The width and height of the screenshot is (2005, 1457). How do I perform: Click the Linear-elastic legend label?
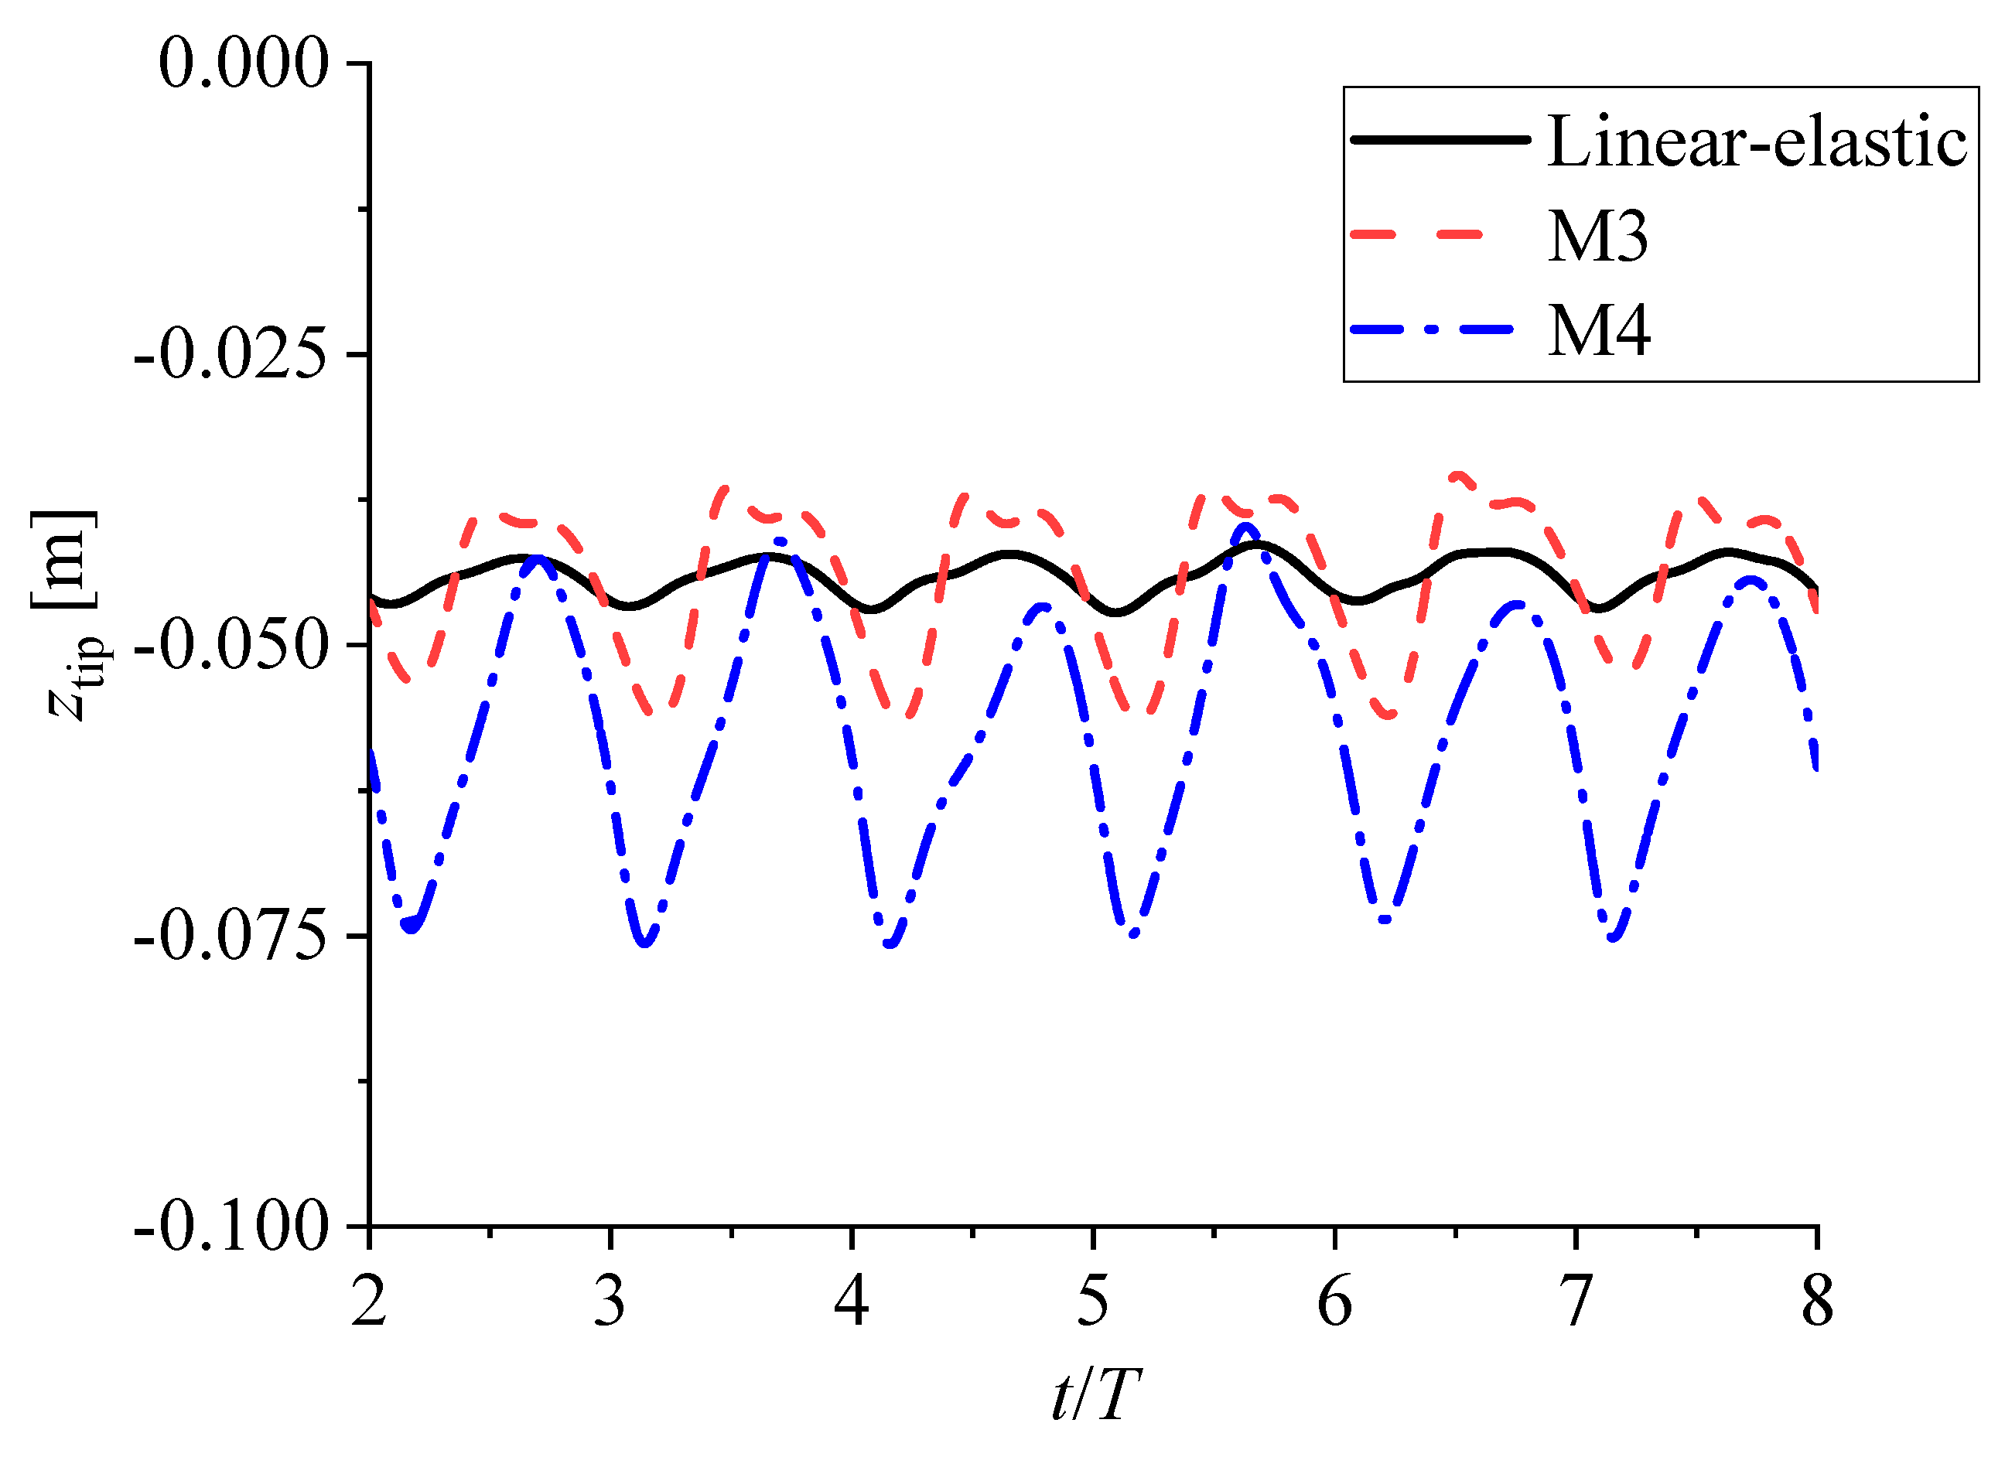pos(1757,142)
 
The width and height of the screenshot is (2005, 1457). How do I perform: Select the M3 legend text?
pos(1597,237)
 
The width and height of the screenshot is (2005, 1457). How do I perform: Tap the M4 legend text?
pos(1598,332)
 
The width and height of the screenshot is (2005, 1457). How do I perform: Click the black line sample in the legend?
pos(1440,140)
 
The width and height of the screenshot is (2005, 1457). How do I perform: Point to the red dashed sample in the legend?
pos(1416,234)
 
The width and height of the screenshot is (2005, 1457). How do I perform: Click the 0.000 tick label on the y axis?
pos(243,63)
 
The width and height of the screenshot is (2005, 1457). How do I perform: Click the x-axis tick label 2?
pos(369,1302)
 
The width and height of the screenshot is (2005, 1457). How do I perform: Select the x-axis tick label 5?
pos(1093,1302)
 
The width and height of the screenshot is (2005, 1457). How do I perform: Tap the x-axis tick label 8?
pos(1817,1302)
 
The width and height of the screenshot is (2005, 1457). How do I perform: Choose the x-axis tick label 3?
pos(610,1302)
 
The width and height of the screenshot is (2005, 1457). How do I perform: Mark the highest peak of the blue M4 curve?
pos(1246,527)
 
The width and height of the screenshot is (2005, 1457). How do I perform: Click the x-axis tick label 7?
pos(1576,1302)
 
